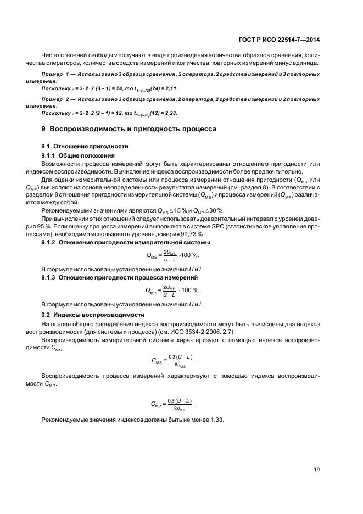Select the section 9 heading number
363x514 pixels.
(44, 129)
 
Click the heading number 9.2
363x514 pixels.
(46, 315)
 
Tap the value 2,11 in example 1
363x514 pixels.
(169, 88)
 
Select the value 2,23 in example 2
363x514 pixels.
(169, 113)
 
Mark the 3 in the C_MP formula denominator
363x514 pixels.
(175, 409)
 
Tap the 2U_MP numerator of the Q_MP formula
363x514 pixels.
(168, 287)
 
